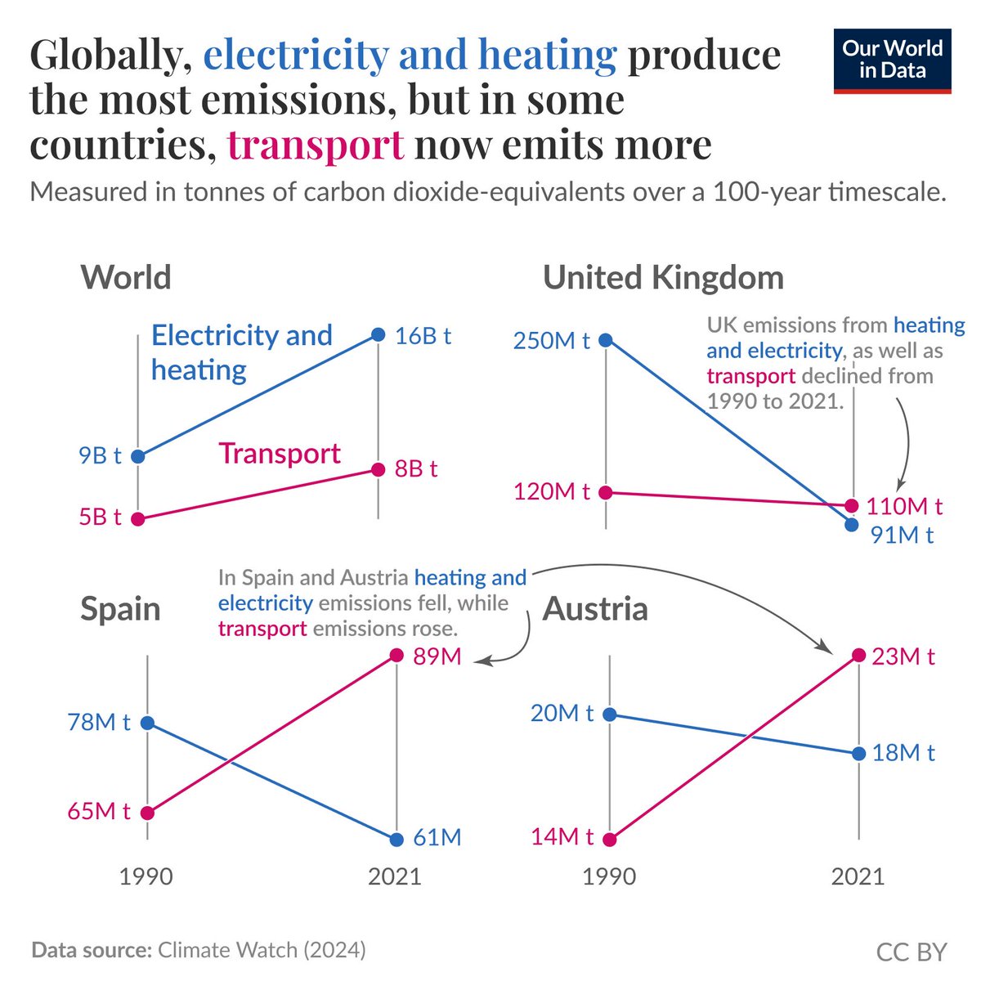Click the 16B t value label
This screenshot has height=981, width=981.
point(423,336)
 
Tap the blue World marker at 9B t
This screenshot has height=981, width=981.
point(138,456)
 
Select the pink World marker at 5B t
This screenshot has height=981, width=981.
point(138,518)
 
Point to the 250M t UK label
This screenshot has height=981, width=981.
point(551,340)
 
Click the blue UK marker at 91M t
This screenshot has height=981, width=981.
point(852,524)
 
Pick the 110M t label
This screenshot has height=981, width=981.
point(904,506)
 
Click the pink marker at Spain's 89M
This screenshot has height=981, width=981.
point(397,655)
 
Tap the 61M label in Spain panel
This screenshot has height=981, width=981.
point(437,838)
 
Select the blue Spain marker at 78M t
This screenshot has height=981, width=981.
point(147,723)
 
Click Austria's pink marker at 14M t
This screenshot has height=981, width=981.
point(610,839)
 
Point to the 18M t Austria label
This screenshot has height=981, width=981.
point(903,753)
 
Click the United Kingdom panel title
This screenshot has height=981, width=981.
point(663,278)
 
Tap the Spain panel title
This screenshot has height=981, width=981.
point(120,609)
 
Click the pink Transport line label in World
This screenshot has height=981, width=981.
point(280,454)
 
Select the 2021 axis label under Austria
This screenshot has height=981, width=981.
point(858,877)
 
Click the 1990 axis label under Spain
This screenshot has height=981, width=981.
point(146,877)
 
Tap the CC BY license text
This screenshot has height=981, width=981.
point(911,952)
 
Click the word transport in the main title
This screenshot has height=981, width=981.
point(316,146)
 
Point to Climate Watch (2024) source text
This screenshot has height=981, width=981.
point(262,951)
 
